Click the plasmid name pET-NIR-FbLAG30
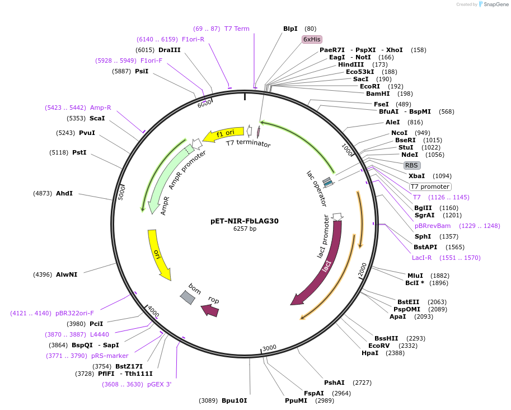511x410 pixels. [x=245, y=221]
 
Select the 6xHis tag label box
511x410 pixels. [x=312, y=39]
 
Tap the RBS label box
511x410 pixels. [x=411, y=165]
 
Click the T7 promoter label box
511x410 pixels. [x=430, y=187]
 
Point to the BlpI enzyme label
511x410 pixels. [x=290, y=29]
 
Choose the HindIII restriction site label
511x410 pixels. [x=351, y=64]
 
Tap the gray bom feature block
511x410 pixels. [x=188, y=297]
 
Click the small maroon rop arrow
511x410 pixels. [x=210, y=310]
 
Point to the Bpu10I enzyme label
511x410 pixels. [x=234, y=400]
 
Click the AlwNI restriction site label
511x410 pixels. [x=67, y=274]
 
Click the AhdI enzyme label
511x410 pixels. [x=64, y=193]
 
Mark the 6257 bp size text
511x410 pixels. [x=245, y=229]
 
